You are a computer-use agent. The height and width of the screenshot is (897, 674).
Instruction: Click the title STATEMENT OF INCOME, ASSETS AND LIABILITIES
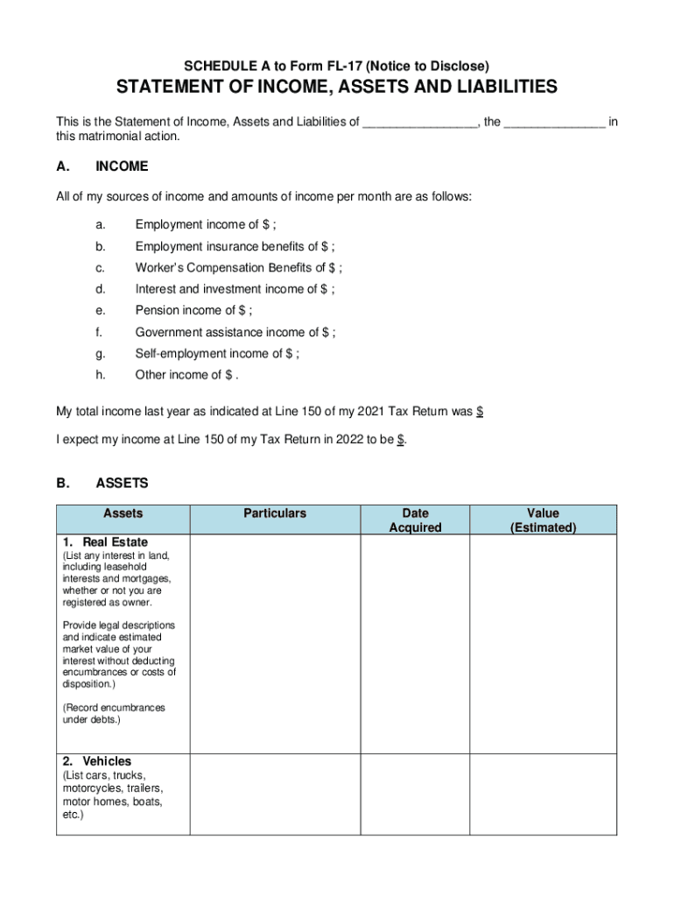[337, 88]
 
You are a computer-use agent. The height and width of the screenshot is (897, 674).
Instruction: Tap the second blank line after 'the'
[554, 123]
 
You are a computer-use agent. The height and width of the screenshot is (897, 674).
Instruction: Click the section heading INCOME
[122, 166]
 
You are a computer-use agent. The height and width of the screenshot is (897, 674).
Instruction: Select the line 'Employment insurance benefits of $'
[235, 246]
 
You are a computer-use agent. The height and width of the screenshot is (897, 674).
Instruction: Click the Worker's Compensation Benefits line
[238, 268]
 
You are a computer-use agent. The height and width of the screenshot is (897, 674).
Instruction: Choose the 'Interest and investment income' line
[235, 289]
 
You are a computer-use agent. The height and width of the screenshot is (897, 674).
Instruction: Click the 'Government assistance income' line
[235, 332]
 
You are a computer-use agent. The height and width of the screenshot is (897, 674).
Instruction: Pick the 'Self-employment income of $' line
[217, 354]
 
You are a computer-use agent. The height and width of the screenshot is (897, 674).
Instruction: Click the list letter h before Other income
[101, 375]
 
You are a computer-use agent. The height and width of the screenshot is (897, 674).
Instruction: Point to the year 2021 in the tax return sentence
[382, 412]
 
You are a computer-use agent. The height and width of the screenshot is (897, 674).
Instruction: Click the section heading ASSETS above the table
[122, 483]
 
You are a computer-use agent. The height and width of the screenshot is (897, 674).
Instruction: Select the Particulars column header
[275, 513]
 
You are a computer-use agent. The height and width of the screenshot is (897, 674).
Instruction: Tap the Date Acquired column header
[415, 520]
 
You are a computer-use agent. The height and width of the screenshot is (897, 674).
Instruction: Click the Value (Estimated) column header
[543, 520]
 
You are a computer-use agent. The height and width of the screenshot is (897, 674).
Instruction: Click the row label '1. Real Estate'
[105, 542]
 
